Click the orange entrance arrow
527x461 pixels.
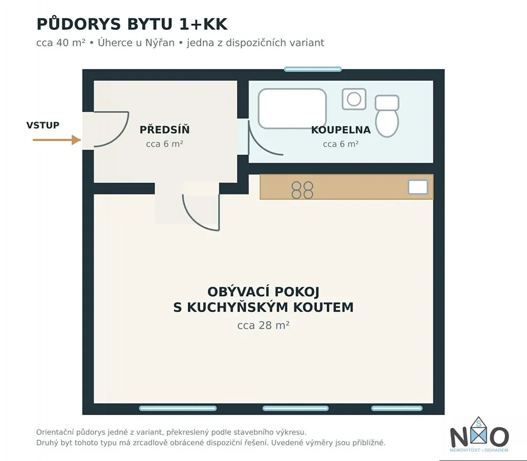pos(57,140)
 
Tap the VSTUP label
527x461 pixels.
pos(43,126)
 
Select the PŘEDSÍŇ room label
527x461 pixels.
pos(165,130)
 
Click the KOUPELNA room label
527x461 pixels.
pos(341,130)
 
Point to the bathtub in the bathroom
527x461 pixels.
pos(292,109)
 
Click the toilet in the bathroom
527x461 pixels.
pos(387,116)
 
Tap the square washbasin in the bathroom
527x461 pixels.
pos(354,99)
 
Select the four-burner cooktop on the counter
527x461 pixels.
pos(303,190)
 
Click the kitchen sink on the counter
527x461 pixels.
pos(418,187)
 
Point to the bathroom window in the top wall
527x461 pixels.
pos(313,69)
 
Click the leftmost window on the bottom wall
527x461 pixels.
pos(178,409)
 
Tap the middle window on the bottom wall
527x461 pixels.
pos(295,409)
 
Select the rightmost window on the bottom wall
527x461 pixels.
pos(397,409)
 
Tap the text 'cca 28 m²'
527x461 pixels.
pos(263,325)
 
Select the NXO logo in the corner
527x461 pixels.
pos(479,434)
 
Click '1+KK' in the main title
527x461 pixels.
pos(203,24)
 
